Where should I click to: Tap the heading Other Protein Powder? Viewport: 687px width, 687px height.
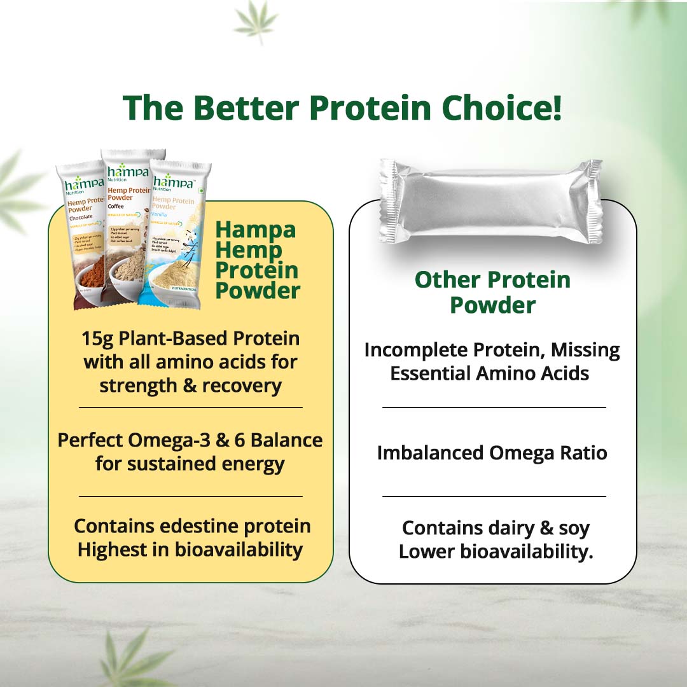[x=492, y=292]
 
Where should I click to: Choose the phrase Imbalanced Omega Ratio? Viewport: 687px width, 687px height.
[x=492, y=453]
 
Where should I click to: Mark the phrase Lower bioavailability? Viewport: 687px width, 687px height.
[x=496, y=552]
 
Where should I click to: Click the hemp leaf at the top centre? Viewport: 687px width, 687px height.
[x=255, y=22]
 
